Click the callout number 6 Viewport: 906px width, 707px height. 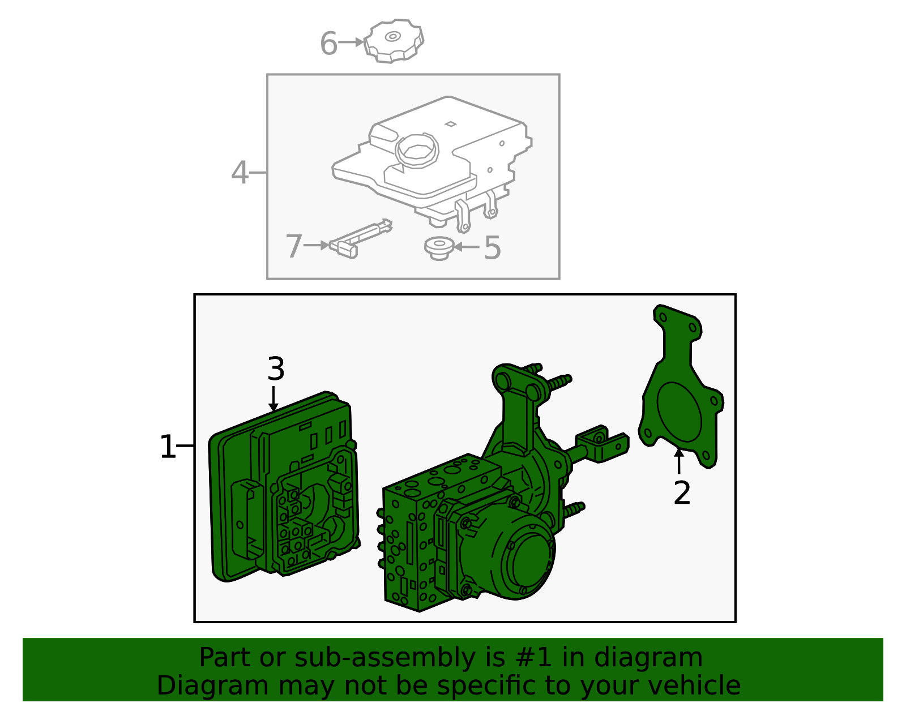pyautogui.click(x=328, y=44)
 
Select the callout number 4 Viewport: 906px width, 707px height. pyautogui.click(x=240, y=173)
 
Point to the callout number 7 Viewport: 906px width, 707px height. pyautogui.click(x=293, y=247)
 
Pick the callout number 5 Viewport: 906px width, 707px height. pyautogui.click(x=492, y=248)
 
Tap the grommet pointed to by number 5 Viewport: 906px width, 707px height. pyautogui.click(x=439, y=248)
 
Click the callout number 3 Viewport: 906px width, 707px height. pyautogui.click(x=275, y=369)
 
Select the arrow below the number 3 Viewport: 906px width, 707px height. pyautogui.click(x=273, y=399)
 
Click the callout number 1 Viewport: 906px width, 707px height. pyautogui.click(x=168, y=447)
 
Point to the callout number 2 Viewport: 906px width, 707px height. pyautogui.click(x=682, y=493)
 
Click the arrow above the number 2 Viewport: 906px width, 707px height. pyautogui.click(x=678, y=460)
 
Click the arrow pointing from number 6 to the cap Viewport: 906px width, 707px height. pyautogui.click(x=352, y=42)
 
